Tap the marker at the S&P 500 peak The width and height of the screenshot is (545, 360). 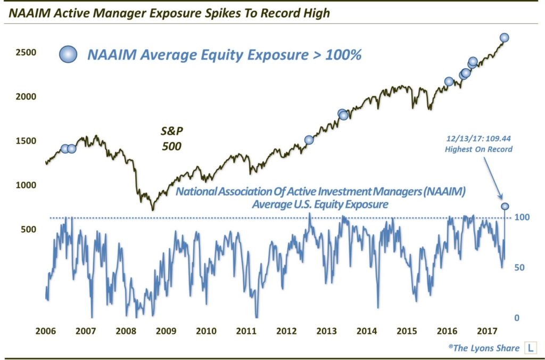click(504, 37)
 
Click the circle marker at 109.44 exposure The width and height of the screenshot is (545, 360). click(504, 206)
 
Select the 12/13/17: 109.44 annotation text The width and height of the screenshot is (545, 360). click(478, 139)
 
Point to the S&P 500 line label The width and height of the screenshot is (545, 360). click(171, 137)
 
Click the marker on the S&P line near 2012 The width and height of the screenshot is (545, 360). click(309, 140)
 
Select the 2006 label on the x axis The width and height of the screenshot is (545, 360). click(46, 331)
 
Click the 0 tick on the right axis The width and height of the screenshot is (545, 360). click(516, 318)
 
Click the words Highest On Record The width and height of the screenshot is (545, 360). click(478, 150)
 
